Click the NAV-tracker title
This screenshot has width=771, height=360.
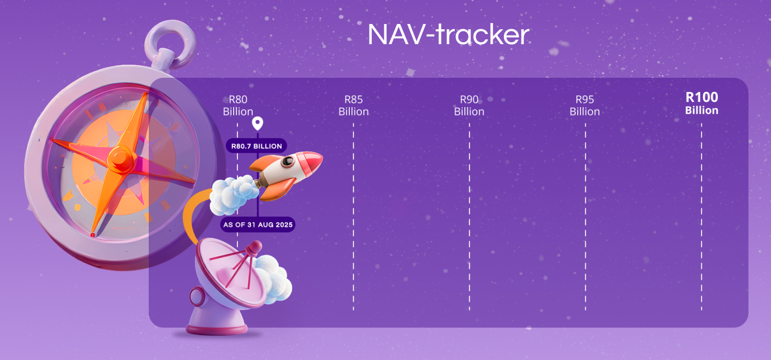click(x=449, y=35)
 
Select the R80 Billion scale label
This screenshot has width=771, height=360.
click(x=238, y=106)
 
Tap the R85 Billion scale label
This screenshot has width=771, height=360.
click(x=354, y=106)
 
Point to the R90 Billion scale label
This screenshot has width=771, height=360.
click(x=469, y=106)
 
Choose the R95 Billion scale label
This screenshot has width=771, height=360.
click(x=585, y=106)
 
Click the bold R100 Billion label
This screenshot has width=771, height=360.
click(x=702, y=103)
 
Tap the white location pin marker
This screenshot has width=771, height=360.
click(x=258, y=123)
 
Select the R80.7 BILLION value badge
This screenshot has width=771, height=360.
click(x=256, y=146)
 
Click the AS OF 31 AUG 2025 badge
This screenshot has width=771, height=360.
click(x=258, y=225)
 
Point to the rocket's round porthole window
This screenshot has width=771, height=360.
click(x=288, y=161)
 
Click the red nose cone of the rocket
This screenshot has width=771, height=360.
click(x=311, y=162)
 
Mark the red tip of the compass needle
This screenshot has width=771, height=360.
click(x=93, y=235)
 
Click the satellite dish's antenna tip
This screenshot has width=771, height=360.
click(x=255, y=247)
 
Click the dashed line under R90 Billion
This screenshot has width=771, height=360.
click(x=469, y=216)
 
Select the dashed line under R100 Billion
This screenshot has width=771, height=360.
click(x=701, y=216)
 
